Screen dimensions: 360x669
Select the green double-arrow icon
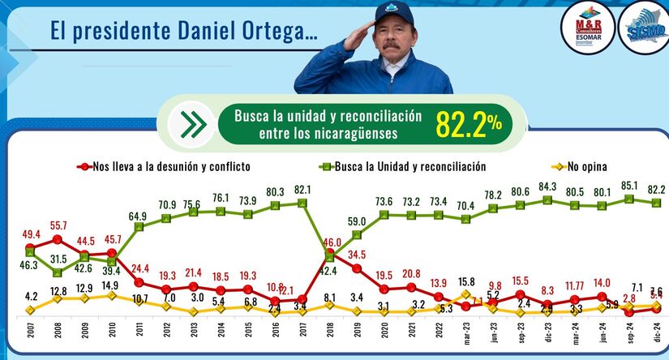click(192, 125)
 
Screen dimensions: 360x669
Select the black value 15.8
click(465, 282)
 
